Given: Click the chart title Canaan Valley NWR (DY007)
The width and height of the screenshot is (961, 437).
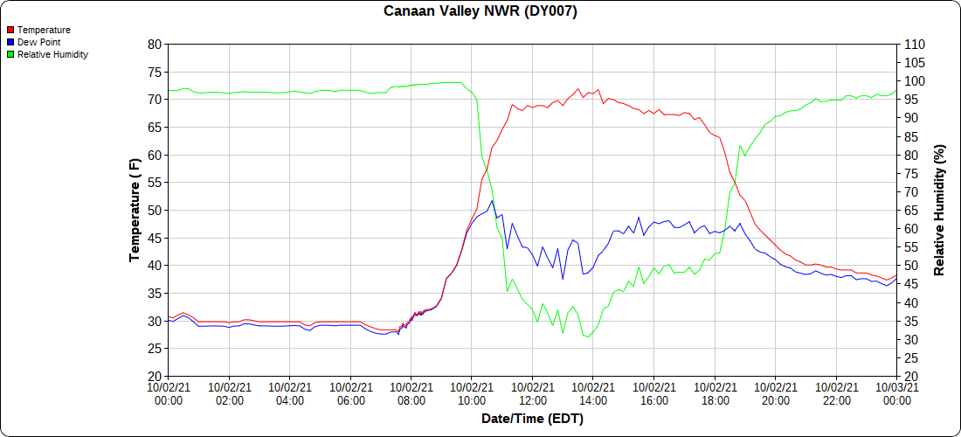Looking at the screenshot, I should [x=480, y=11].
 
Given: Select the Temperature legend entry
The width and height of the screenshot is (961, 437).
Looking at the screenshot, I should [x=44, y=30].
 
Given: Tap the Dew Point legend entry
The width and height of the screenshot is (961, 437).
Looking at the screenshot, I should [x=40, y=42].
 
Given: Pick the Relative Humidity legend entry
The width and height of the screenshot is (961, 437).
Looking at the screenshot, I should [x=52, y=54].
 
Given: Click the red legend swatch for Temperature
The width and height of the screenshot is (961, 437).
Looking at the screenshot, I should [x=10, y=30].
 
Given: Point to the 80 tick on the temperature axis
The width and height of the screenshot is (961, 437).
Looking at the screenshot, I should [x=154, y=44].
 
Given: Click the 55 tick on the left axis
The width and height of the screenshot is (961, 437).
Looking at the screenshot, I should [x=154, y=183].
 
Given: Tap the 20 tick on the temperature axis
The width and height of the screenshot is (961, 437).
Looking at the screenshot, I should [x=154, y=377].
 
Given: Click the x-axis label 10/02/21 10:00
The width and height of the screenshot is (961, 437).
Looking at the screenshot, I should [x=472, y=394].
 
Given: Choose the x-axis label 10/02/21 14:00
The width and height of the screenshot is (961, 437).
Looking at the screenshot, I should [x=593, y=394].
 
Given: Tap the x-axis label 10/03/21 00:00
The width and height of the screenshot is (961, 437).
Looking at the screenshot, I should [x=896, y=394].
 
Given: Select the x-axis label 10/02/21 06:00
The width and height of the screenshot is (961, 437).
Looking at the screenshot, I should [x=350, y=394].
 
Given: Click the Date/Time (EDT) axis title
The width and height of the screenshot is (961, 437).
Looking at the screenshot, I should [x=532, y=419].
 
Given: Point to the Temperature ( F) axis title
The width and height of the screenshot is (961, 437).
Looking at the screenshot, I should [x=135, y=210].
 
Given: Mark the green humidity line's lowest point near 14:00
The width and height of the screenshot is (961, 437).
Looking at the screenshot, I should [x=588, y=337].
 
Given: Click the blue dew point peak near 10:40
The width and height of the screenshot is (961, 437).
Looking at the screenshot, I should [x=492, y=200].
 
